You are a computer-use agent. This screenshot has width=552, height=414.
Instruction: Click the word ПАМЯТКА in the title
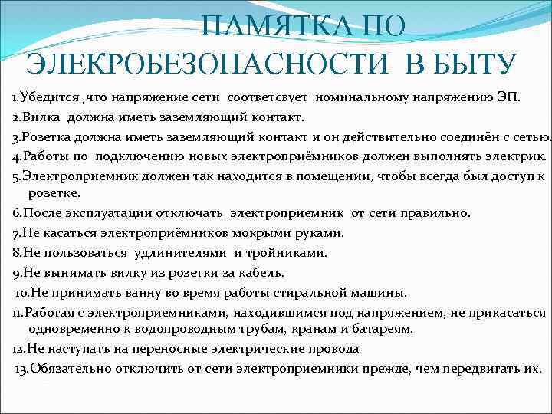tap(268, 28)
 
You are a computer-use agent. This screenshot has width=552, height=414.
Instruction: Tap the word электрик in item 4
tap(510, 156)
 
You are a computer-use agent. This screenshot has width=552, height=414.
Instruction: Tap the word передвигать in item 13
tap(481, 368)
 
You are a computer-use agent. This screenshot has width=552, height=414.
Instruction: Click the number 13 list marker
tap(21, 368)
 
